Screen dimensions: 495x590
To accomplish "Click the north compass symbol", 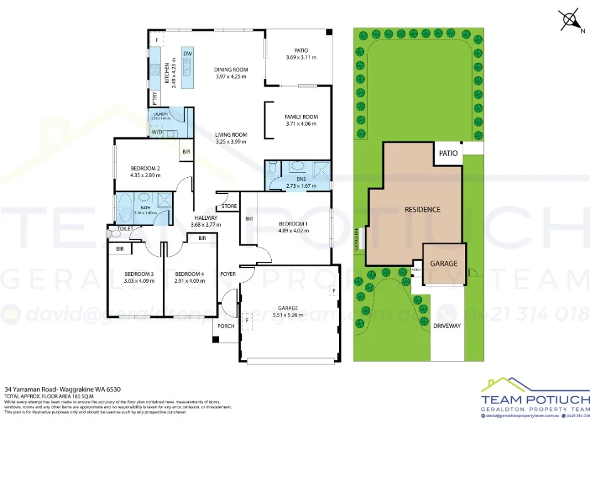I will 571,20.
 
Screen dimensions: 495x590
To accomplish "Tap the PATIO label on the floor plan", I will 301,51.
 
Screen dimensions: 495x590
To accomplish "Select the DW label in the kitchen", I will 187,54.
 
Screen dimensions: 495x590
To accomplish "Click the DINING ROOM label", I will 231,70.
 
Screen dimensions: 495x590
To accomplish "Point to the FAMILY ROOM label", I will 301,117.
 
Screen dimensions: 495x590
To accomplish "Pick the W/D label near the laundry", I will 156,133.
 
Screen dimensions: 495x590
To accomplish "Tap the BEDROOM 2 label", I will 146,168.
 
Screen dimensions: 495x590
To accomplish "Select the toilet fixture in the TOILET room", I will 114,234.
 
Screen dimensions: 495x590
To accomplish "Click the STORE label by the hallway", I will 229,206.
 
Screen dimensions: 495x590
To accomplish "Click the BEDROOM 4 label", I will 189,274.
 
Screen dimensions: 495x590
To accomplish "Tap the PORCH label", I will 225,326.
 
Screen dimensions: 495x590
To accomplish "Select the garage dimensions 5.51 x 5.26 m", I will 288,315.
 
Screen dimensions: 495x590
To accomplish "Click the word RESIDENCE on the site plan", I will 422,209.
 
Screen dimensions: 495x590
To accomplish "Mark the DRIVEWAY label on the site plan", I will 447,326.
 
